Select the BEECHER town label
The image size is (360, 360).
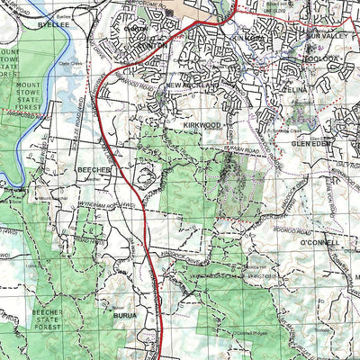93,169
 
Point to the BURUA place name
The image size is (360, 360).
126,317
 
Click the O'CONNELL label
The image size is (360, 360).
319,243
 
